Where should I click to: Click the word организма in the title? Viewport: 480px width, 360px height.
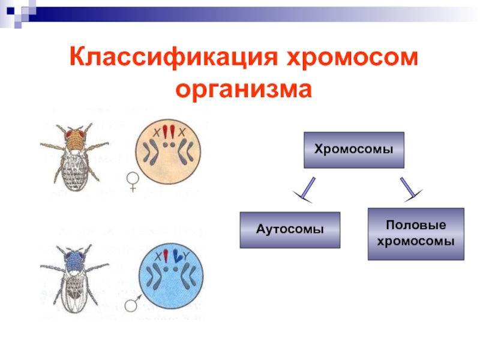coord(244,90)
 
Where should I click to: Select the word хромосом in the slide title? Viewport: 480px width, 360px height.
coord(349,59)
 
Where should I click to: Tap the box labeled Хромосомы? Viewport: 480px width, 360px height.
coord(354,149)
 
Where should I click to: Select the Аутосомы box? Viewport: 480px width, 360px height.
coord(290,230)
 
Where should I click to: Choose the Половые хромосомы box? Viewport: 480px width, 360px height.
coord(416,233)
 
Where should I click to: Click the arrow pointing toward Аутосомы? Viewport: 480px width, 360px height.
coord(305,189)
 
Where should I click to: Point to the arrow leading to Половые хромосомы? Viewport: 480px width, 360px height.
coord(411,188)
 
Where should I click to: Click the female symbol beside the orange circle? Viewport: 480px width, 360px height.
coord(132,181)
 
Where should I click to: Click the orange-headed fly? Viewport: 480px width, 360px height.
coord(73,155)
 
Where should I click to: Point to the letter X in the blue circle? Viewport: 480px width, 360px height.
coord(158,257)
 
